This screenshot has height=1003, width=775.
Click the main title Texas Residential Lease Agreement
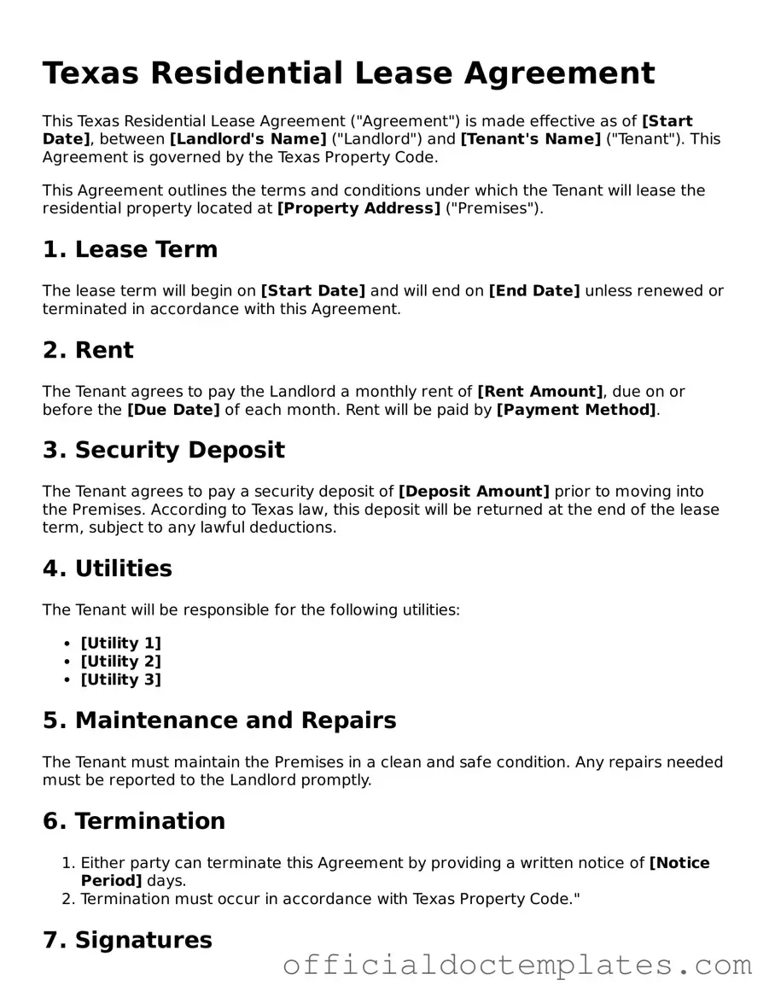[x=348, y=73]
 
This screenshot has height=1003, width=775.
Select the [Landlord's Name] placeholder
[x=248, y=139]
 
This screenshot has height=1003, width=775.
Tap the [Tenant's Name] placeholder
[x=531, y=139]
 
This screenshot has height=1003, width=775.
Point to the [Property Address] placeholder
[x=359, y=208]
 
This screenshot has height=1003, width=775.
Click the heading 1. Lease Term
[x=130, y=249]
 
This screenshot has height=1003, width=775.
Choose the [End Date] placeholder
[x=533, y=291]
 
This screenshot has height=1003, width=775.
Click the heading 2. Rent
[x=88, y=350]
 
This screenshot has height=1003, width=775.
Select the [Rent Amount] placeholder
[x=539, y=392]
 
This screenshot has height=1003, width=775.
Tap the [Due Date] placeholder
[x=173, y=410]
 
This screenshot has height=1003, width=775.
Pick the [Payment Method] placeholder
[x=576, y=410]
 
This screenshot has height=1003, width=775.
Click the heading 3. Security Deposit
[x=164, y=450]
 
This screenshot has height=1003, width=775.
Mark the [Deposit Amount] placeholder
[x=474, y=492]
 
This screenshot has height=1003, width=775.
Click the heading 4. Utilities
[x=108, y=569]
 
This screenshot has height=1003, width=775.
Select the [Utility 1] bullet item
[x=120, y=644]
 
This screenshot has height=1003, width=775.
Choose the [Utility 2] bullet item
[x=120, y=662]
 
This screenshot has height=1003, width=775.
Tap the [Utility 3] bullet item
[x=120, y=679]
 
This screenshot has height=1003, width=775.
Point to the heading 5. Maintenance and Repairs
[x=219, y=720]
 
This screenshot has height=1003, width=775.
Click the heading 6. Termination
[x=134, y=821]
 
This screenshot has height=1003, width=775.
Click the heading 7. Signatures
[x=127, y=940]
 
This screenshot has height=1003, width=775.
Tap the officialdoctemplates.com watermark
[x=517, y=965]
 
